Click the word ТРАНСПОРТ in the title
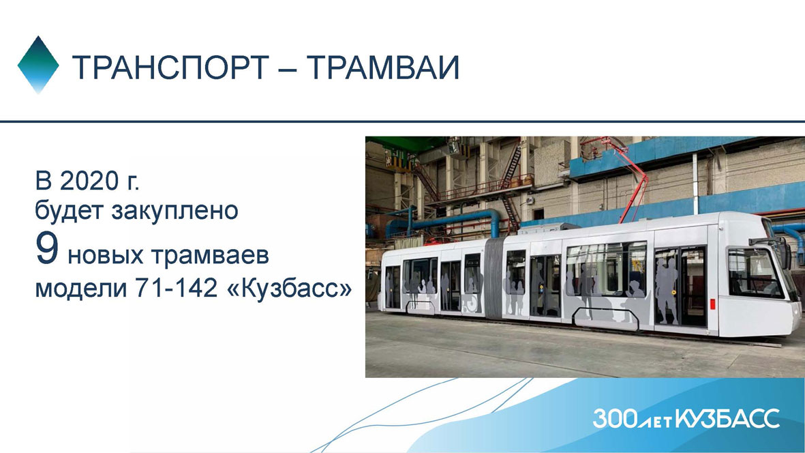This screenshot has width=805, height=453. pos(170,67)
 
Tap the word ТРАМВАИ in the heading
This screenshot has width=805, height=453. pos(384,67)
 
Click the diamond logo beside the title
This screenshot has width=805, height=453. pos(38,64)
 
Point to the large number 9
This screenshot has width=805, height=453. pos(47,248)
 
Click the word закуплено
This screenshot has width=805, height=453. pos(175,211)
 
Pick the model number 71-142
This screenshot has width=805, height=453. pos(176,288)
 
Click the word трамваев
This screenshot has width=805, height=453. pos(211,255)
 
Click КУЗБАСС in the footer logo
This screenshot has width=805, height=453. pos(727,419)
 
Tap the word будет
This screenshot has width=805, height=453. pos(70,211)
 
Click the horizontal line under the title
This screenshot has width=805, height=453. pos(402,122)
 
